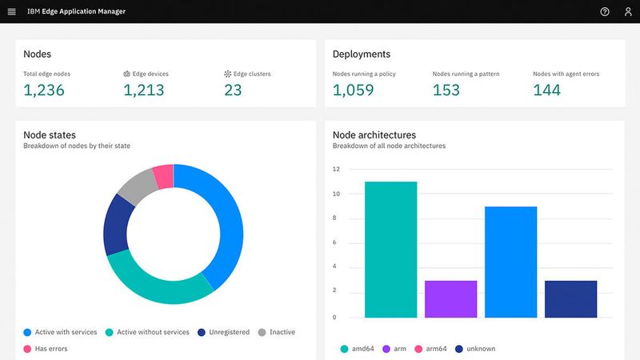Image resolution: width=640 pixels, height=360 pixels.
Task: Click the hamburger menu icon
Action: (11, 12)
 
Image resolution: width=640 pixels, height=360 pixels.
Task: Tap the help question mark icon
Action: (605, 12)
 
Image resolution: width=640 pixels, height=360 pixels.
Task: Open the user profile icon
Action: (627, 12)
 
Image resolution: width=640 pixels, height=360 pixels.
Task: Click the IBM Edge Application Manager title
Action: (76, 12)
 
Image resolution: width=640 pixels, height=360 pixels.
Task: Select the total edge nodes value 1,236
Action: (44, 90)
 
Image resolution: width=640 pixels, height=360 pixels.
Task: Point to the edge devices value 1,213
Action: (144, 90)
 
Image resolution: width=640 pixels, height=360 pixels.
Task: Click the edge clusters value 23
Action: (233, 90)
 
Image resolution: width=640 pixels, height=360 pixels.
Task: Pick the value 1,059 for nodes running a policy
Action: (353, 90)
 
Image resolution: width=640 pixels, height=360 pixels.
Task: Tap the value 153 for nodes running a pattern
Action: (446, 90)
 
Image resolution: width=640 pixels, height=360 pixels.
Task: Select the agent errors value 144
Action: (547, 90)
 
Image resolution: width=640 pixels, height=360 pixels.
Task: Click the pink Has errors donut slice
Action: (163, 176)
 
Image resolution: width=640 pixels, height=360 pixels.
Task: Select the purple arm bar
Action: (450, 299)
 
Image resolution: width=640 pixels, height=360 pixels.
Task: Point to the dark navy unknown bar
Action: (570, 299)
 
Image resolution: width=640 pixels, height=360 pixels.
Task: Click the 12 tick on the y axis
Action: (337, 170)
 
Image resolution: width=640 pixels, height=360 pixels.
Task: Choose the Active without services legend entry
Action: (147, 332)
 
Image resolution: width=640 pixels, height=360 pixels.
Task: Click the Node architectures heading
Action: (374, 135)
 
